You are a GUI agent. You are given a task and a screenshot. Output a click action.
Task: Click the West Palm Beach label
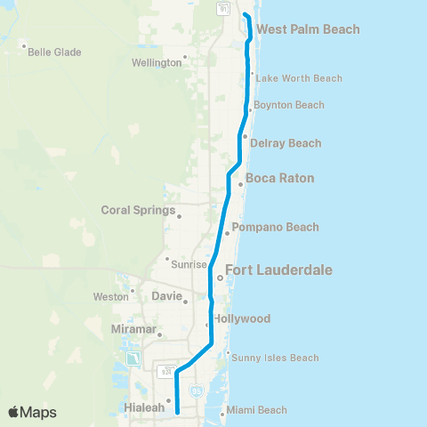coord(308,29)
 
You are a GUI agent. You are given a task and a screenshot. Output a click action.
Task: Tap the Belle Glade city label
coord(54,52)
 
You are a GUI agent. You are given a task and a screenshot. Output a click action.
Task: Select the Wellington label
coord(156,63)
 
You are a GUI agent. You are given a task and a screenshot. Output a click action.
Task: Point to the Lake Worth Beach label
coord(299,78)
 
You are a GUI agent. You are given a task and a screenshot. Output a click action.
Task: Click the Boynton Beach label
coord(289,105)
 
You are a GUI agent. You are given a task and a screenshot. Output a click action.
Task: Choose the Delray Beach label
coord(286,143)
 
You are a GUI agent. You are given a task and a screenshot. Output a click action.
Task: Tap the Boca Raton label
coord(279,178)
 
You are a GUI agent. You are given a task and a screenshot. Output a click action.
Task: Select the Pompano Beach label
coord(275,227)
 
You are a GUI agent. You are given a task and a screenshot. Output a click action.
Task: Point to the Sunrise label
coord(189,264)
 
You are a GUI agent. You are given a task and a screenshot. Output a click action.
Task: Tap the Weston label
coord(110,296)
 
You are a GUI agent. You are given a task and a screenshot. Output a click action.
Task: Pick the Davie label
coord(165,295)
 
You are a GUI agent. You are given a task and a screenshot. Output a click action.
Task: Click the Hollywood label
coord(241,318)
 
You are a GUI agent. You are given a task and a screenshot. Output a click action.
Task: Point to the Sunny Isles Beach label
coord(275,358)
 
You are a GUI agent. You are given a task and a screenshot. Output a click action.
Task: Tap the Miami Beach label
coord(256,410)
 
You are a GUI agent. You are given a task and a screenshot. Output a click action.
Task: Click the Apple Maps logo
coord(31,412)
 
